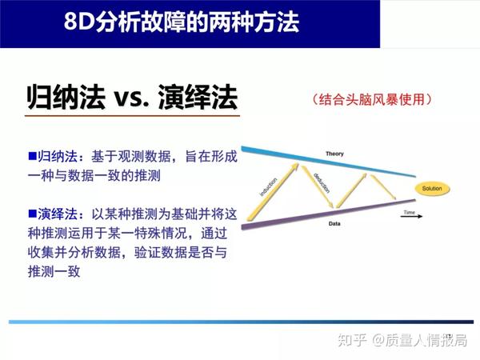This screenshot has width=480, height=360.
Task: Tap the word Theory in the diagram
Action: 334,152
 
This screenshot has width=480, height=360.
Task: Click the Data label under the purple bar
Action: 335,225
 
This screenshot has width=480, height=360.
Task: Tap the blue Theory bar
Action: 320,160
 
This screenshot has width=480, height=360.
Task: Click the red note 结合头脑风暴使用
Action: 372,100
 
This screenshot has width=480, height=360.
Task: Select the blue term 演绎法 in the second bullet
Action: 58,214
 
